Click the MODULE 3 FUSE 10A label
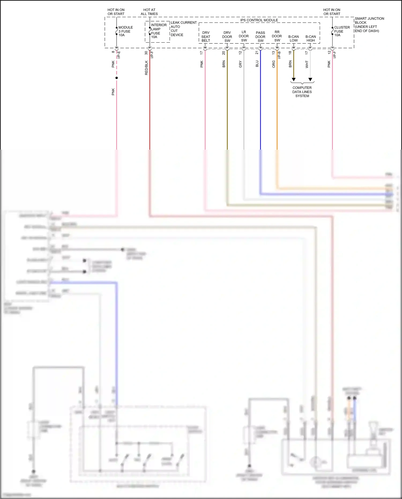(x=125, y=31)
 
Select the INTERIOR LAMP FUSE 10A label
(x=158, y=31)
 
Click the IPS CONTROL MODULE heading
(x=259, y=20)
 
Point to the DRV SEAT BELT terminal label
(x=206, y=37)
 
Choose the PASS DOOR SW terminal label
(x=260, y=37)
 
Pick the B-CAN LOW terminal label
(x=293, y=39)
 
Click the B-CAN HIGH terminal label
(x=311, y=39)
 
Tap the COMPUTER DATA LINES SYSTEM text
(x=302, y=92)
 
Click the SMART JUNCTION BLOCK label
(x=369, y=25)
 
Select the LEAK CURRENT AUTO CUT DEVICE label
(x=183, y=29)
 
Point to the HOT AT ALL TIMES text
(x=149, y=12)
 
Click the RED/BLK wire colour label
(x=146, y=68)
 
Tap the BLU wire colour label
(x=257, y=64)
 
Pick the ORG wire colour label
(x=274, y=64)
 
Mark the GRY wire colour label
(x=240, y=64)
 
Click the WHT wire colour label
(x=307, y=64)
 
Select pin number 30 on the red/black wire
(x=146, y=53)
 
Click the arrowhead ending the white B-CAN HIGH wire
(x=310, y=79)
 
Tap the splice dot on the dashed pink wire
(x=117, y=78)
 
